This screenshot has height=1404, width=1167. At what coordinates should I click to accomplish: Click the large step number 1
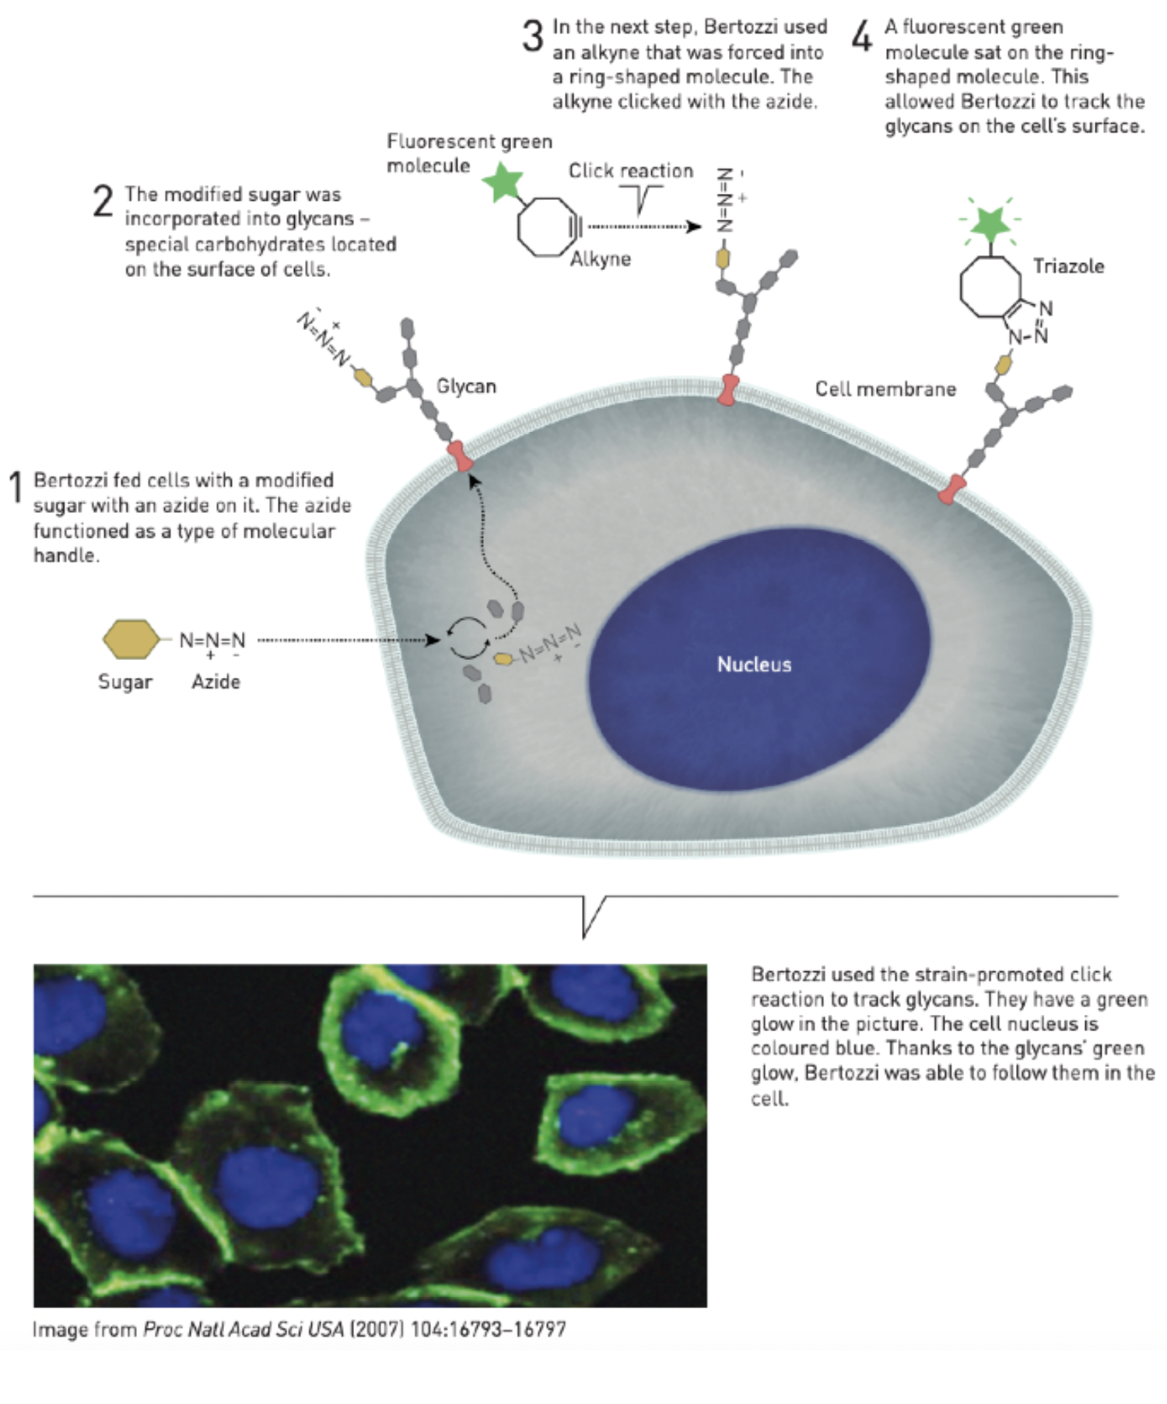pyautogui.click(x=16, y=487)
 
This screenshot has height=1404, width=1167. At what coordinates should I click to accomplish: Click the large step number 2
pyautogui.click(x=103, y=201)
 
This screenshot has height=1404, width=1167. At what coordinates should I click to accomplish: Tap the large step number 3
pyautogui.click(x=533, y=37)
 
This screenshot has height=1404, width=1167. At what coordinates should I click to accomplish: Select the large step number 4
pyautogui.click(x=862, y=37)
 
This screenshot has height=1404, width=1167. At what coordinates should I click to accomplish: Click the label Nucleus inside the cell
pyautogui.click(x=754, y=665)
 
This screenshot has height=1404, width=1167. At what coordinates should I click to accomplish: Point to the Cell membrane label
pyautogui.click(x=885, y=389)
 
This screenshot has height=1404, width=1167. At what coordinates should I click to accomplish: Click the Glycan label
pyautogui.click(x=466, y=386)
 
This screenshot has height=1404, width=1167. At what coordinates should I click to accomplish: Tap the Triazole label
pyautogui.click(x=1068, y=266)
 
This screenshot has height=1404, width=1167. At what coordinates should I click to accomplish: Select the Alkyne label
pyautogui.click(x=600, y=259)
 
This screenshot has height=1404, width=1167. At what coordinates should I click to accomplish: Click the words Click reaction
pyautogui.click(x=630, y=170)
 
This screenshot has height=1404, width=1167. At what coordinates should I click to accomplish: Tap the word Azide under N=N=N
pyautogui.click(x=216, y=682)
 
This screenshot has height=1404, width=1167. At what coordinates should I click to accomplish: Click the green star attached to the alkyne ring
pyautogui.click(x=502, y=182)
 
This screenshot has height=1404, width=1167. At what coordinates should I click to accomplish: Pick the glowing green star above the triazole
pyautogui.click(x=990, y=223)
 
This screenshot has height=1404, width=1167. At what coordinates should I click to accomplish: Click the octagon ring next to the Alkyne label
pyautogui.click(x=547, y=226)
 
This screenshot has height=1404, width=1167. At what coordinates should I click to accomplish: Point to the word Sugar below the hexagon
pyautogui.click(x=125, y=682)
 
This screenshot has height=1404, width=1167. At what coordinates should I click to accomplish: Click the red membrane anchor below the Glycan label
pyautogui.click(x=461, y=456)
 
